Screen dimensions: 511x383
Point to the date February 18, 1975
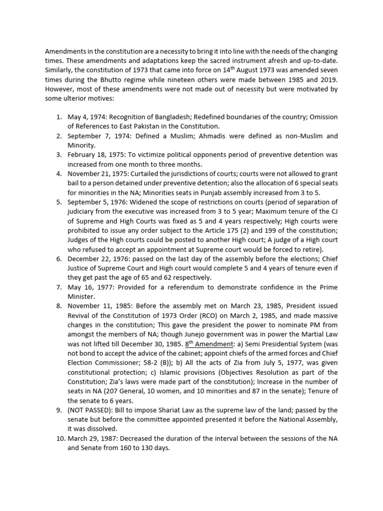pos(97,155)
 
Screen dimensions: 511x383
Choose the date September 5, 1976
pos(98,202)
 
